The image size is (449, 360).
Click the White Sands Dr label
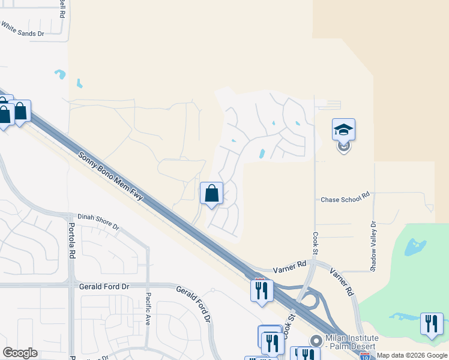pyautogui.click(x=22, y=29)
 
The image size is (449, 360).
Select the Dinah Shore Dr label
pyautogui.click(x=98, y=221)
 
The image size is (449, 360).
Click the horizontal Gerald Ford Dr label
pyautogui.click(x=104, y=287)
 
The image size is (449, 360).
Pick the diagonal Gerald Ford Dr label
pyautogui.click(x=193, y=305)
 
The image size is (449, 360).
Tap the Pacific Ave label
pyautogui.click(x=148, y=308)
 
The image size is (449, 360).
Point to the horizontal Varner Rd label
pyautogui.click(x=289, y=263)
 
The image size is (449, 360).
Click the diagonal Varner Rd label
pyautogui.click(x=341, y=281)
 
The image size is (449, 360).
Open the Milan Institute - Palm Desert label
pyautogui.click(x=351, y=343)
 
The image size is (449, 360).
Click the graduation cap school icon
pyautogui.click(x=343, y=130)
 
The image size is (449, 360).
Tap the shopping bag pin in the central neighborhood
pyautogui.click(x=211, y=193)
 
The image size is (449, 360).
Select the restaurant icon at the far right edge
pyautogui.click(x=432, y=324)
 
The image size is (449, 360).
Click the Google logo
pyautogui.click(x=20, y=353)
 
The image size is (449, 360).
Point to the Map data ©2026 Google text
pyautogui.click(x=411, y=355)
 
